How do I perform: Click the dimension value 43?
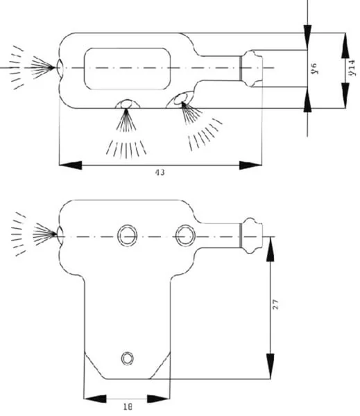(160, 173)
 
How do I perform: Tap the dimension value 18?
(128, 406)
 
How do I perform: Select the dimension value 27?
(275, 304)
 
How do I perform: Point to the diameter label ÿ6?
(314, 69)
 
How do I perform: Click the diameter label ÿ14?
(352, 68)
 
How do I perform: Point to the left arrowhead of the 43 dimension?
(70, 165)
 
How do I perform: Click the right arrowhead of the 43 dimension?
(250, 165)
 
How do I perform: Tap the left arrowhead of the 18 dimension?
(95, 399)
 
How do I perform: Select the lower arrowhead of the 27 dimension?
(270, 366)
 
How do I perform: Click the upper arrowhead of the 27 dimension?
(270, 249)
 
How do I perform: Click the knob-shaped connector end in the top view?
(251, 69)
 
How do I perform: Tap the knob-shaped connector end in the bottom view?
(251, 236)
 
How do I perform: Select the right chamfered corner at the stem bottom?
(160, 365)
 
